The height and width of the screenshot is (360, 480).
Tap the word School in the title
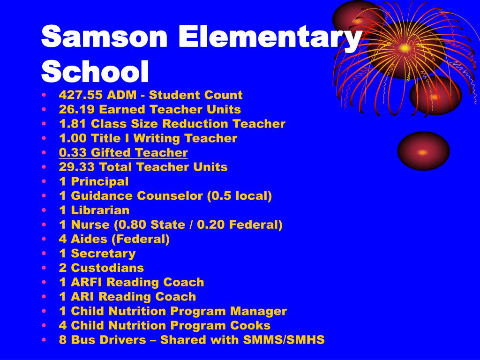(95, 71)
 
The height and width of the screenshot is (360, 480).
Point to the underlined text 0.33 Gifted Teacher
(123, 153)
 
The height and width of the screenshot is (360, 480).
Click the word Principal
(100, 181)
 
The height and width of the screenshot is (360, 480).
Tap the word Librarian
(100, 210)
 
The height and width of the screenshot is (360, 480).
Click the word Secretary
(103, 254)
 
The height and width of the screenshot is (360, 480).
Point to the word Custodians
(107, 269)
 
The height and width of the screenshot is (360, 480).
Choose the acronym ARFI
(87, 283)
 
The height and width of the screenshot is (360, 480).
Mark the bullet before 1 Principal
(44, 181)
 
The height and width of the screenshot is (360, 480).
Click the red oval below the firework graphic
(423, 151)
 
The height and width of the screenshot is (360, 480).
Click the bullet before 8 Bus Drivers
(44, 340)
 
